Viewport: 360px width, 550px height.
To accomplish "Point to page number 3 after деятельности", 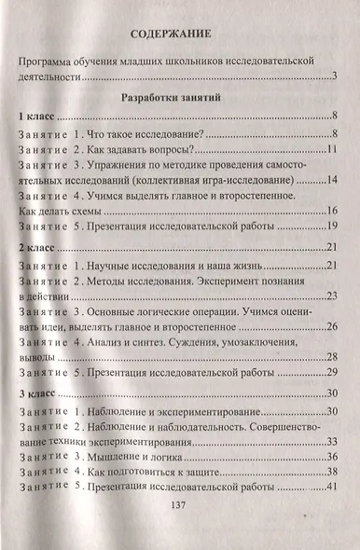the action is tap(334, 76).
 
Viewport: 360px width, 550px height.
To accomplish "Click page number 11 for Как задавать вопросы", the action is tap(331, 150).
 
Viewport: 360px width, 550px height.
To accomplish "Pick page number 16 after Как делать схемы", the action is tap(331, 213).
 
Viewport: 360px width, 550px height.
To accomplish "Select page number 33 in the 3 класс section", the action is tap(331, 443).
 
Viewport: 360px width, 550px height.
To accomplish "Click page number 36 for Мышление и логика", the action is tap(331, 458).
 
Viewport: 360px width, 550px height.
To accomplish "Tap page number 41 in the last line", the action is tap(331, 488).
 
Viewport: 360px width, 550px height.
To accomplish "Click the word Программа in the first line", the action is tap(52, 62).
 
